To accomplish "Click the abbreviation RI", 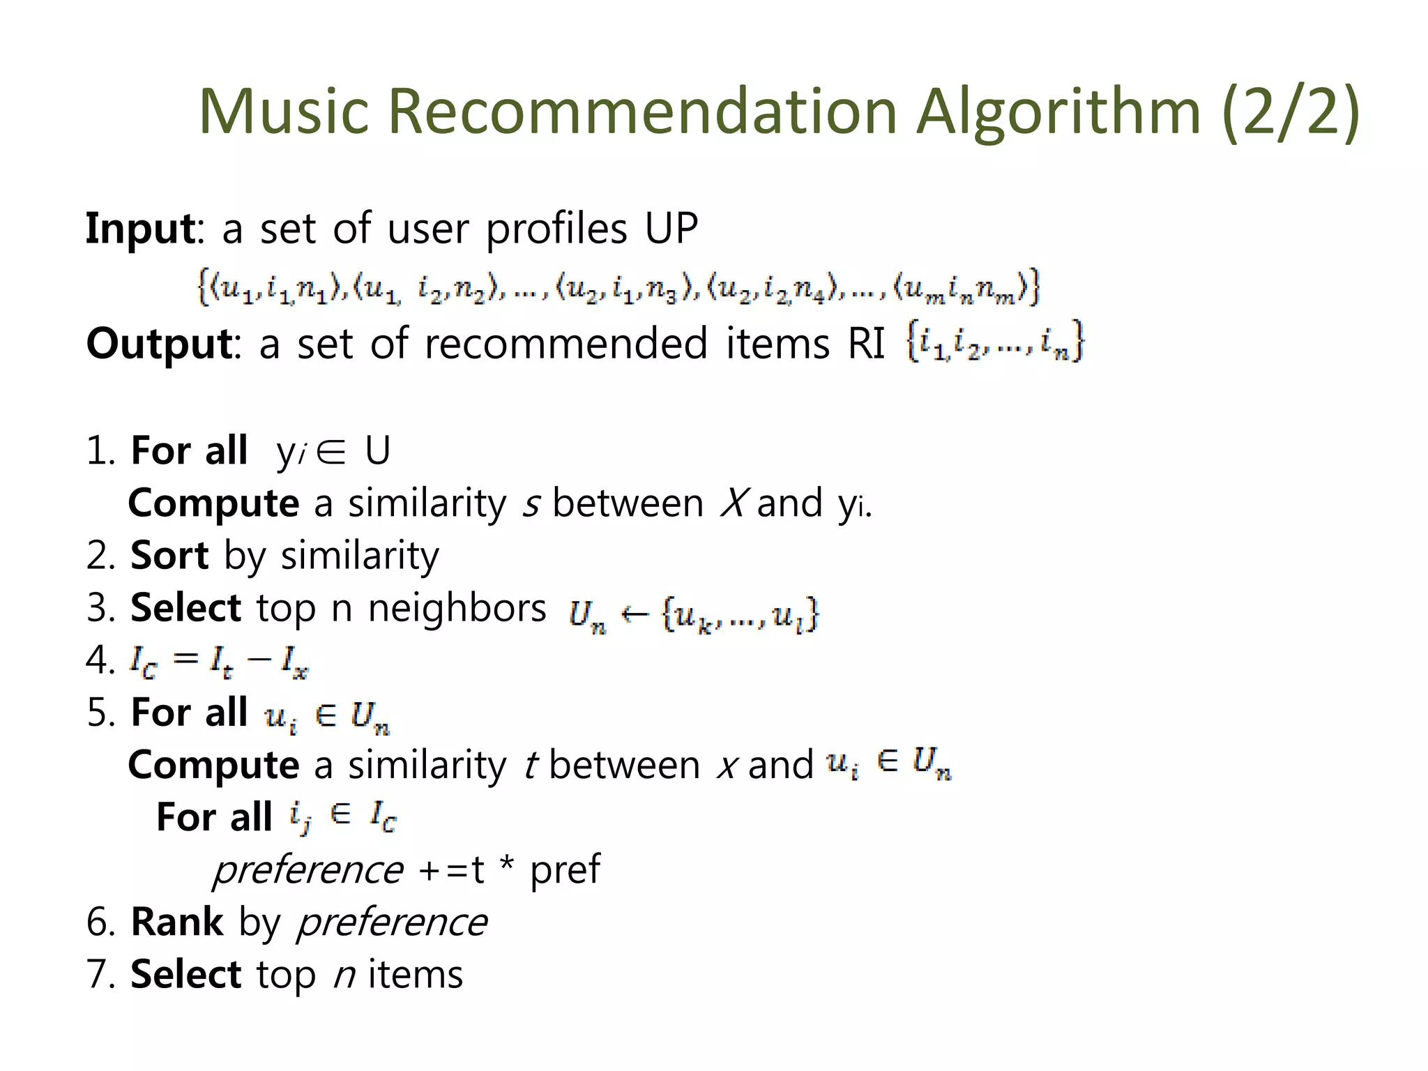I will [x=866, y=343].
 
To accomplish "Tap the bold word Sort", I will [x=169, y=556].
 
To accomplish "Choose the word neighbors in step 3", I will [x=457, y=608].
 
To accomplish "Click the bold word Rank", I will [x=177, y=922].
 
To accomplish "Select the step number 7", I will [x=97, y=974].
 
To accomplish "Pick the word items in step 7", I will [x=416, y=974].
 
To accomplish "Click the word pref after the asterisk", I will [x=565, y=869].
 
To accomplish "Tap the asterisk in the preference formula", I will [x=507, y=865].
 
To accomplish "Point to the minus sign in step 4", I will [x=258, y=660].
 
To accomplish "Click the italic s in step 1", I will [x=531, y=504].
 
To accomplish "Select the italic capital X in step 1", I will [x=734, y=503].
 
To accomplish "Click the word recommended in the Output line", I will [x=566, y=343].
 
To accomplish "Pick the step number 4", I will [x=97, y=660].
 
